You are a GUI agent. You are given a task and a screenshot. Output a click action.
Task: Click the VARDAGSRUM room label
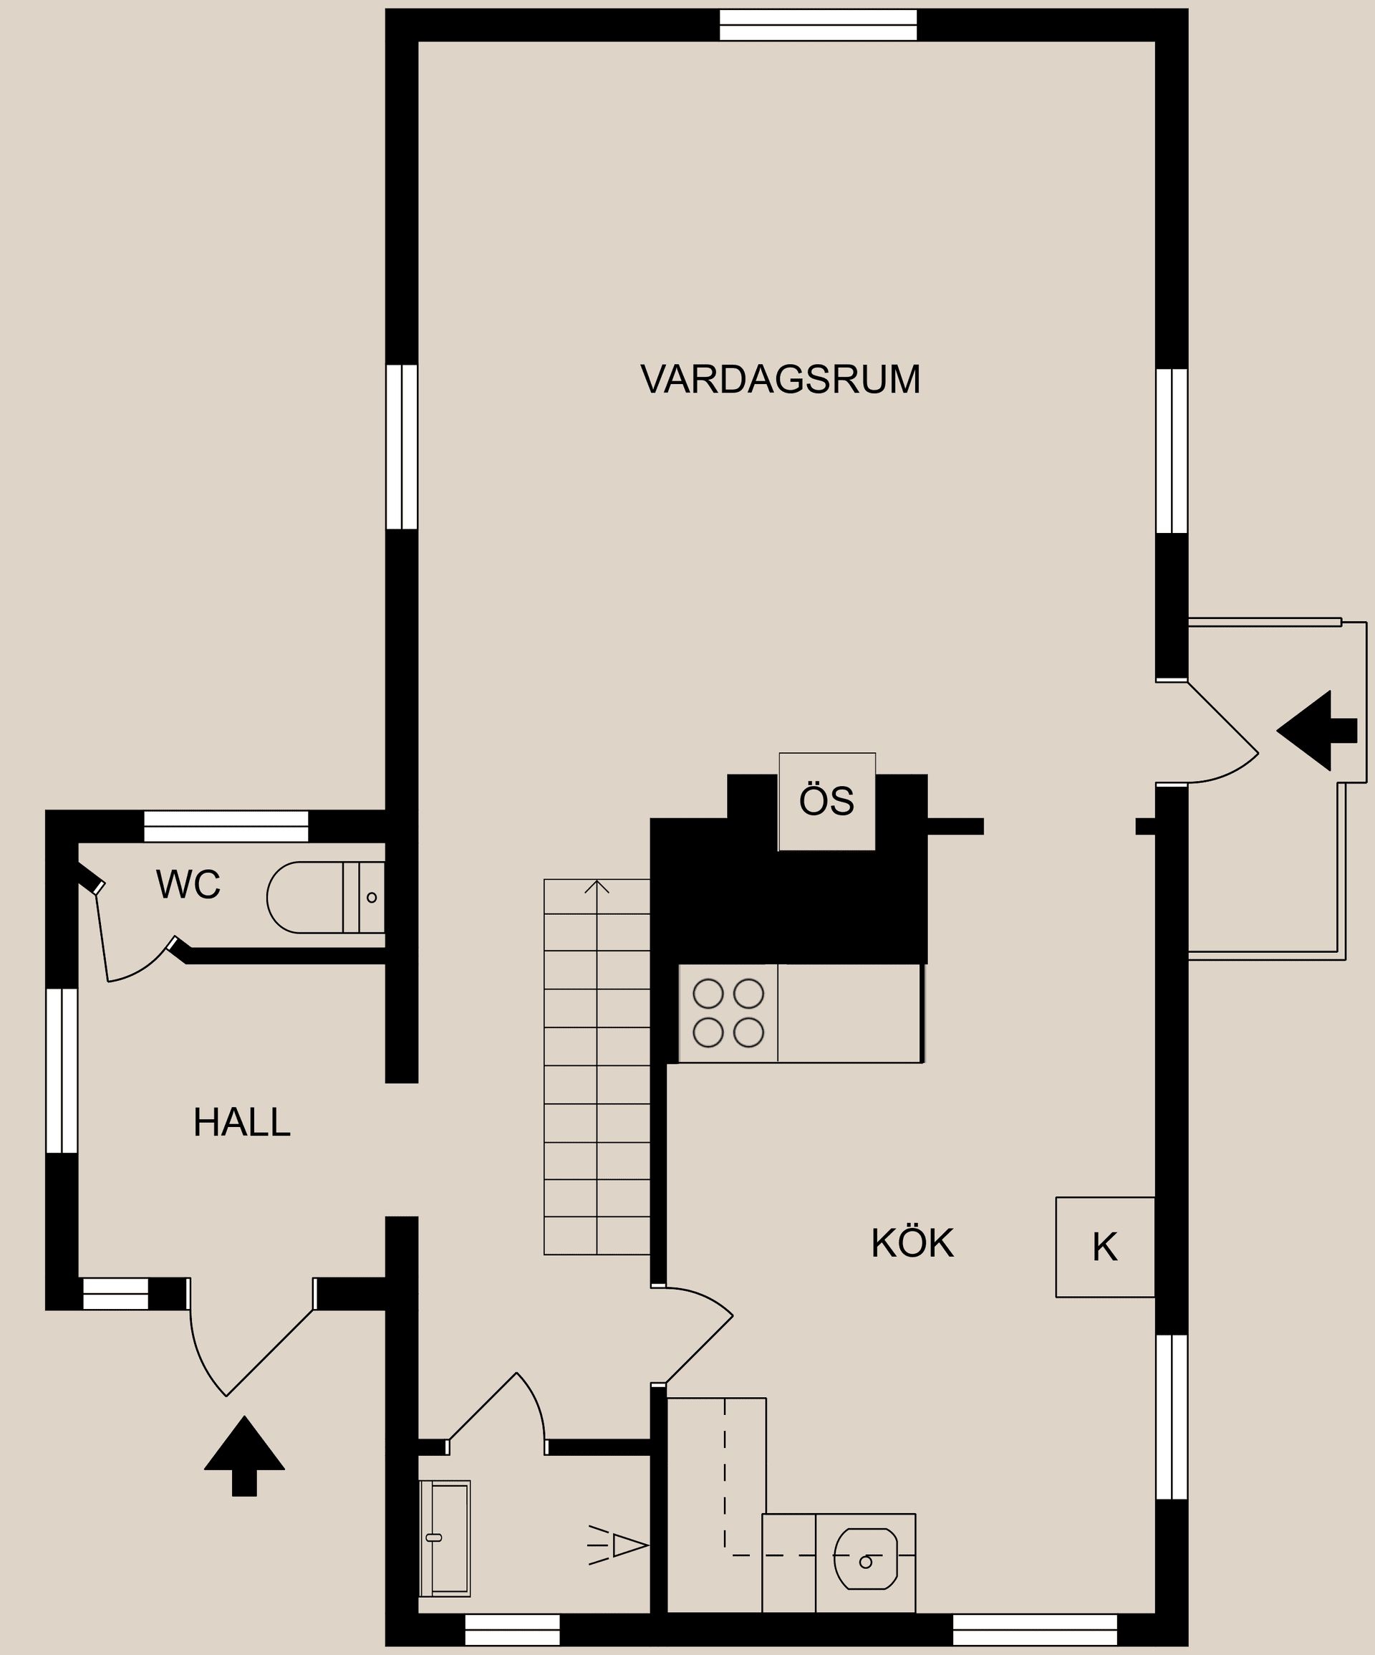(780, 380)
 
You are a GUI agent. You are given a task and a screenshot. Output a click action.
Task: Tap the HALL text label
(242, 1122)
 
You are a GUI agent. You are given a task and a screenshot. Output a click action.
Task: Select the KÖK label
(912, 1243)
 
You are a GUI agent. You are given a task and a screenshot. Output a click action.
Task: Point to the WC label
(188, 884)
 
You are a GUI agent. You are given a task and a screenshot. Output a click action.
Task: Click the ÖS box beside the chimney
(826, 802)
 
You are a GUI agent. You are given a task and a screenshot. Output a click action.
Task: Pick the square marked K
(1105, 1247)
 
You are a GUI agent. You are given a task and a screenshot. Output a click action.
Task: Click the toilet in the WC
(315, 898)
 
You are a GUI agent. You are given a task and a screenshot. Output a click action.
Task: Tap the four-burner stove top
(728, 1013)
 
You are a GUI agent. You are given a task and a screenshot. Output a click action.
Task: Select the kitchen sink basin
(865, 1559)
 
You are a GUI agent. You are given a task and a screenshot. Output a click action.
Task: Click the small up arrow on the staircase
(597, 888)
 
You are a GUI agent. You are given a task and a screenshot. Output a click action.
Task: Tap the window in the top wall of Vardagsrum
(818, 24)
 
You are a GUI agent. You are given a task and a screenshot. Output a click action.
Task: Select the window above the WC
(226, 826)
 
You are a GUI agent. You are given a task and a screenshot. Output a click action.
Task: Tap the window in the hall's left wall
(62, 1070)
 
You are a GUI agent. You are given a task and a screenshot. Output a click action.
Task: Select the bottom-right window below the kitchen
(1035, 1630)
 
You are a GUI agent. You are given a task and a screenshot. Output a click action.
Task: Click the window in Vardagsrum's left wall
(402, 446)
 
